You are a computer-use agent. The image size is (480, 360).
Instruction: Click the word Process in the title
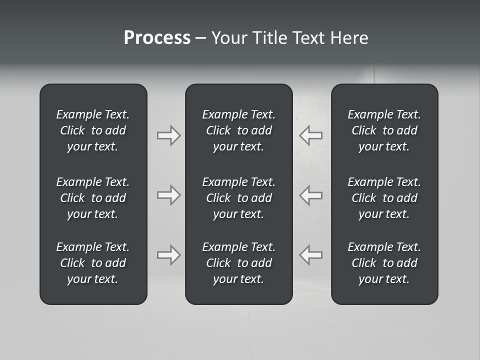157,38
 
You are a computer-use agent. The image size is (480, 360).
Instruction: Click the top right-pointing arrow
168,135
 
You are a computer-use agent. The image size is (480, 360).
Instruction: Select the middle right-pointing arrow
168,195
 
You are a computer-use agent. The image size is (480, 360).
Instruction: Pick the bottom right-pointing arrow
168,255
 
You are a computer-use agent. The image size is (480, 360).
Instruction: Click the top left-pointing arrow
311,135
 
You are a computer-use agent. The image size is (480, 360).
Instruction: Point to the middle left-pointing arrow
311,195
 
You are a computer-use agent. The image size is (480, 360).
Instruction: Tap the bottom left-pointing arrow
311,255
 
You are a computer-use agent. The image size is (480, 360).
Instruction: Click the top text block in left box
93,130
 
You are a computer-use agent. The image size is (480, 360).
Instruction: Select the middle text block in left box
93,198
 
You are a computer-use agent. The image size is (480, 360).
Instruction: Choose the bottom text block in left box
93,263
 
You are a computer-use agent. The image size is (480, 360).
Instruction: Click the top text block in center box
238,130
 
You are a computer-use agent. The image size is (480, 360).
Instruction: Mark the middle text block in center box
238,198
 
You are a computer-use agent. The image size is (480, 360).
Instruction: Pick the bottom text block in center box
238,263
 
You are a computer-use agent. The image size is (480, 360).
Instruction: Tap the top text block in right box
384,130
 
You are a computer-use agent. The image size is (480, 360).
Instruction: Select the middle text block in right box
384,198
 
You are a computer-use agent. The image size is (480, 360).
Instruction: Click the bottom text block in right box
384,263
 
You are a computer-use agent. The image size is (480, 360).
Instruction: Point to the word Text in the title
308,38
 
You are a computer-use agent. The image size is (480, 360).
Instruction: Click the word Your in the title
228,38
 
